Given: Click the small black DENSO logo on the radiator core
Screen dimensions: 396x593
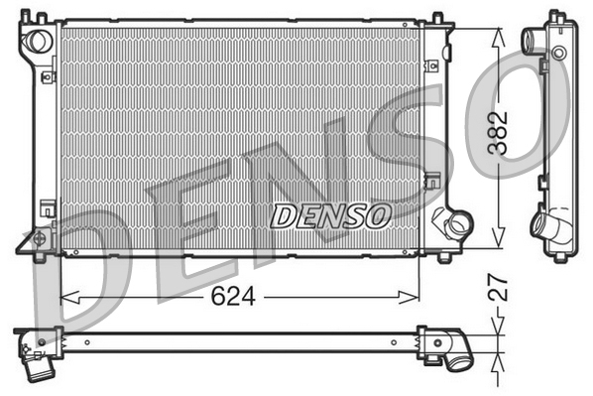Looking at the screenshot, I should pos(332,213).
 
